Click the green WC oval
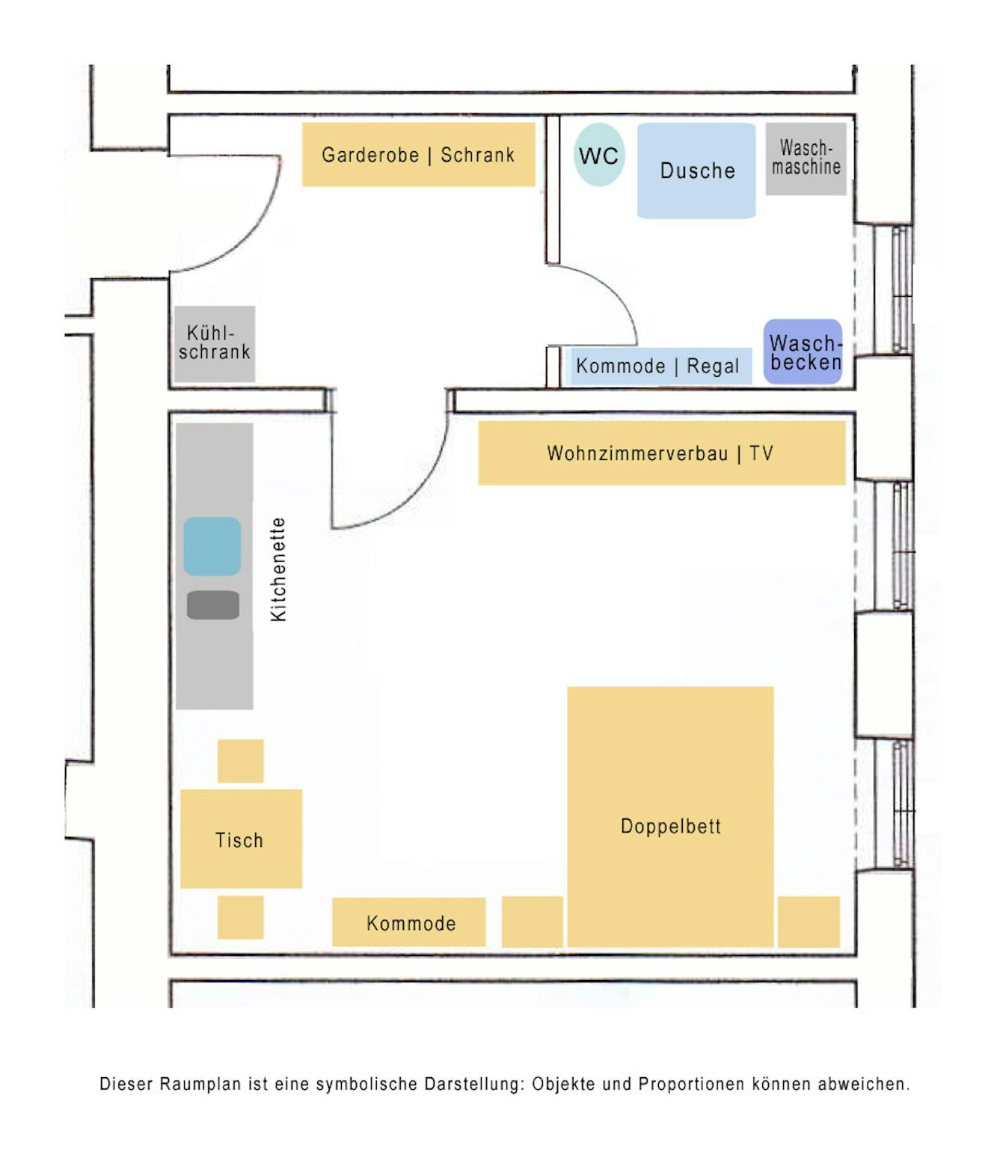599,155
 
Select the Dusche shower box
696,171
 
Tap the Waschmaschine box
806,159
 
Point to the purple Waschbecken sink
803,352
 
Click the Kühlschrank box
215,343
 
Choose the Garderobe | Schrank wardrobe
418,155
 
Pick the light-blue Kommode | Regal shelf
658,366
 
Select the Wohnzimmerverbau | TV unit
661,453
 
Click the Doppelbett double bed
670,815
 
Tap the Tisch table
241,839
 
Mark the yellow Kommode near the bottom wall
409,922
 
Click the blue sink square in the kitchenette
212,546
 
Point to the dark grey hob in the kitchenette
213,604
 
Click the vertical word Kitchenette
278,569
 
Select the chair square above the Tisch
240,761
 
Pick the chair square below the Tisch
240,916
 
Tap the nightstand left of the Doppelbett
532,922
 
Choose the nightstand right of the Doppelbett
809,922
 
